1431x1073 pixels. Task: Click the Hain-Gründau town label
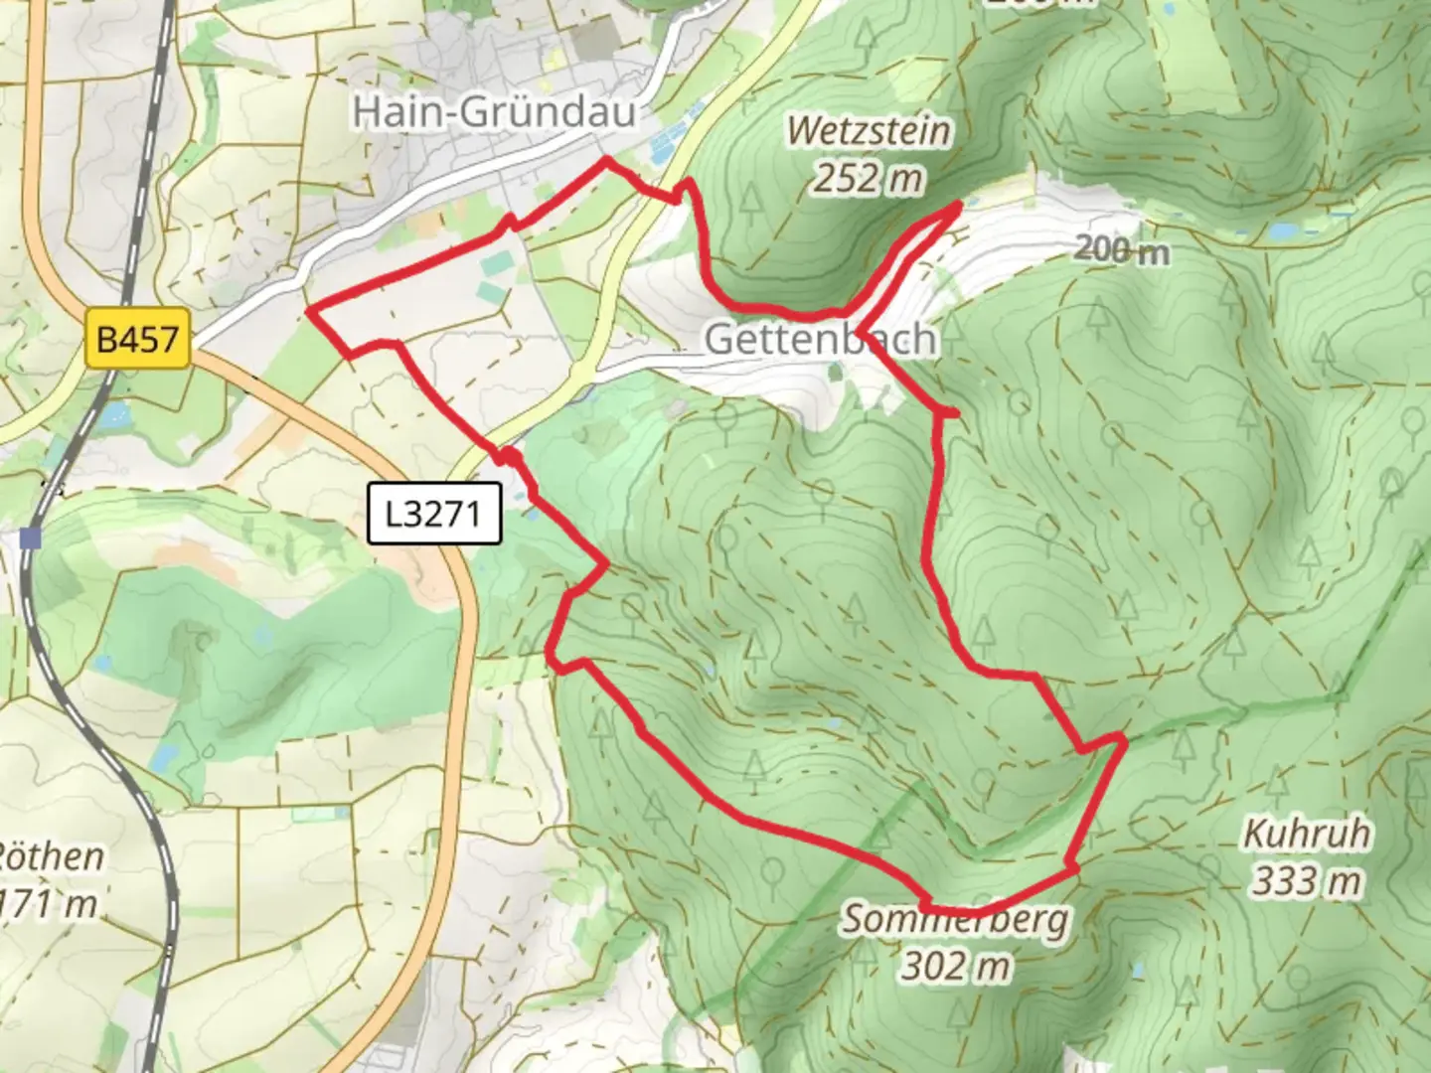pos(494,111)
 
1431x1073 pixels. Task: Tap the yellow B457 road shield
pos(137,340)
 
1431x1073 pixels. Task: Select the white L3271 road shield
pos(433,514)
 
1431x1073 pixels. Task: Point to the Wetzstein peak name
pos(869,131)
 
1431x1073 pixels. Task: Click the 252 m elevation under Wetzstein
pos(869,179)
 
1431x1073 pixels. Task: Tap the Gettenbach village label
pos(820,339)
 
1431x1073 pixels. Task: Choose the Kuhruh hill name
pos(1306,834)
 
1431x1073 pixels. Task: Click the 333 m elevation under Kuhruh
pos(1306,881)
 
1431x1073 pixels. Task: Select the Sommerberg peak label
pos(956,920)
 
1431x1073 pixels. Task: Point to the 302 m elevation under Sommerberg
pos(956,966)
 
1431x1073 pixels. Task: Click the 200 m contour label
pos(1121,249)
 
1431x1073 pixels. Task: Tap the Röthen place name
pos(50,856)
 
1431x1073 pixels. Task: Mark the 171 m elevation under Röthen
pos(50,904)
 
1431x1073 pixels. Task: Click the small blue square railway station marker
pos(31,538)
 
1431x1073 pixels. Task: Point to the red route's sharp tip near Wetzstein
pos(958,206)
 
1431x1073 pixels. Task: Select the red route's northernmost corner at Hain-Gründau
pos(606,160)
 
